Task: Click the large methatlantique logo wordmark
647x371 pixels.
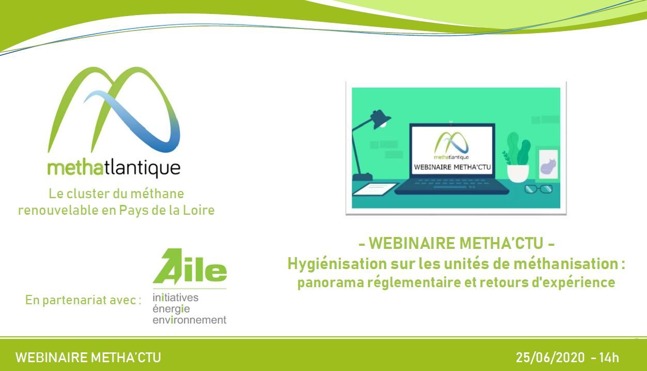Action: (x=114, y=169)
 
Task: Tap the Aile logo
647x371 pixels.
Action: (x=190, y=266)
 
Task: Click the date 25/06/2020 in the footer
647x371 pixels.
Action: (x=550, y=358)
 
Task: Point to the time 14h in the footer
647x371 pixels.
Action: (x=609, y=358)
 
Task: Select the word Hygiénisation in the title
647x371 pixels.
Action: (x=337, y=264)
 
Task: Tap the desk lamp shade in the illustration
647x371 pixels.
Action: (x=381, y=119)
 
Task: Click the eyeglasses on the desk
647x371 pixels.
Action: (x=539, y=189)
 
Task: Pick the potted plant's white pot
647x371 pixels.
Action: (x=518, y=173)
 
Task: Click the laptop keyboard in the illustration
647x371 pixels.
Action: (x=451, y=184)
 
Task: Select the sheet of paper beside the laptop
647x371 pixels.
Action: (x=375, y=189)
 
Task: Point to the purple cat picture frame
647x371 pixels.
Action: (x=548, y=164)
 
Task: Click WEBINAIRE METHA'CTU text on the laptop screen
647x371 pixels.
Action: (x=452, y=167)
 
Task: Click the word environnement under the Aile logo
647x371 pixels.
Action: (x=190, y=320)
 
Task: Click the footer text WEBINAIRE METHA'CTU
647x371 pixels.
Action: (x=88, y=358)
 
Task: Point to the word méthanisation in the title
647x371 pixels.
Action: (x=566, y=264)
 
